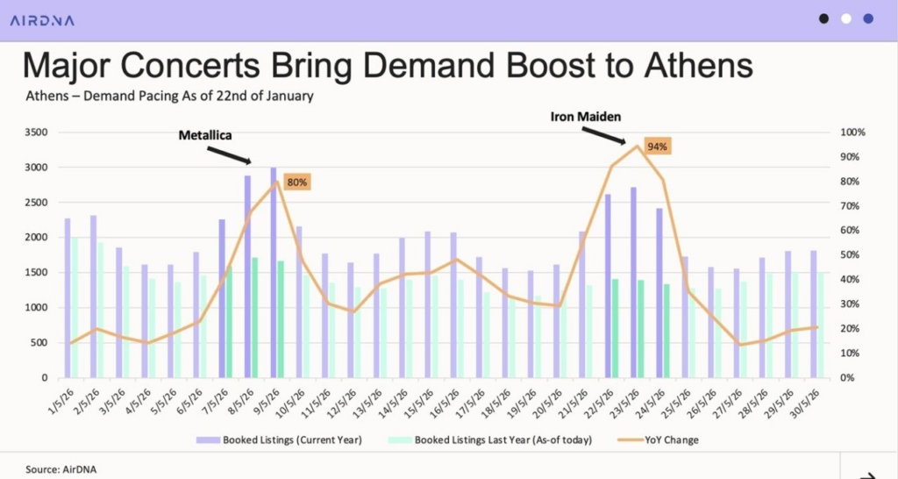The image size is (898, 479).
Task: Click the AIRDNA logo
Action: (42, 19)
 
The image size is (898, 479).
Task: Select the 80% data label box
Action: (297, 182)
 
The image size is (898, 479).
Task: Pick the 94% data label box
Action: (657, 147)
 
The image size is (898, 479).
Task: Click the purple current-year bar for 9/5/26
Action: (274, 272)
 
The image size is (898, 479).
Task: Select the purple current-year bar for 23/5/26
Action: (633, 282)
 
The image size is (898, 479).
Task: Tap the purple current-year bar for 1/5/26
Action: (68, 297)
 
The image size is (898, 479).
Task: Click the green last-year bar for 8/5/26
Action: (255, 317)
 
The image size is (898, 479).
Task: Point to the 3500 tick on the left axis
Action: (35, 132)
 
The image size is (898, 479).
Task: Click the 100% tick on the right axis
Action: (853, 132)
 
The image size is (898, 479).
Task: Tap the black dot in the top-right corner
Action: (823, 18)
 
